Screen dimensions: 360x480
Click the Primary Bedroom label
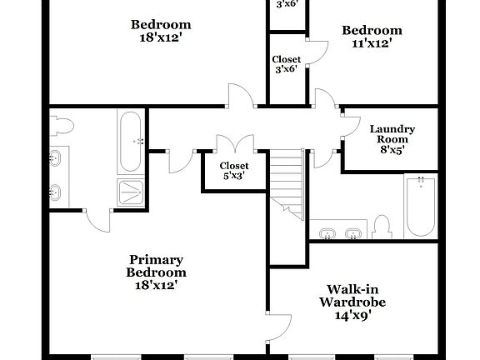(x=156, y=272)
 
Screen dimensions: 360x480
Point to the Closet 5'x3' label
(x=233, y=171)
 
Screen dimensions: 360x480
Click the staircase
(x=288, y=179)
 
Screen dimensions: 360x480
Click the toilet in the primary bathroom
(x=63, y=126)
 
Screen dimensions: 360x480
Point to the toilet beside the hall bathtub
(x=382, y=227)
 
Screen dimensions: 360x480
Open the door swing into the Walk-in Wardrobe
(x=282, y=328)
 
